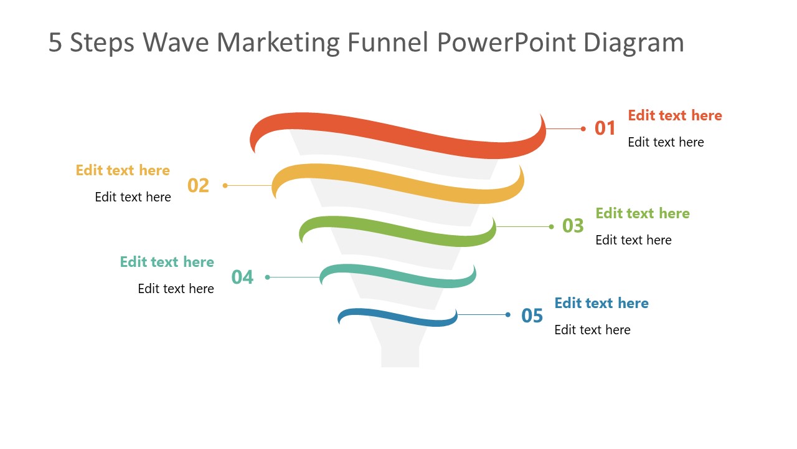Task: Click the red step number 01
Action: pyautogui.click(x=605, y=128)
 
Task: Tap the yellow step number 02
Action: pyautogui.click(x=198, y=186)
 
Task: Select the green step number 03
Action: pyautogui.click(x=573, y=226)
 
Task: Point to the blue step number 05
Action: pyautogui.click(x=532, y=316)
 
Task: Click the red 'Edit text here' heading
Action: pyautogui.click(x=674, y=115)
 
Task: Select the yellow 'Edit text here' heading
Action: pyautogui.click(x=123, y=170)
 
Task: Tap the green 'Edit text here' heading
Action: pyautogui.click(x=642, y=213)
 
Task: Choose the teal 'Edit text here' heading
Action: pyautogui.click(x=167, y=262)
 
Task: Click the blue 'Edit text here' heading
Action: pyautogui.click(x=601, y=303)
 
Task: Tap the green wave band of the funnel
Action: pyautogui.click(x=398, y=229)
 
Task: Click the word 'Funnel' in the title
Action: pyautogui.click(x=387, y=42)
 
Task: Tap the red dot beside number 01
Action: pyautogui.click(x=583, y=129)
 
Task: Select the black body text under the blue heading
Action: pyautogui.click(x=592, y=330)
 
